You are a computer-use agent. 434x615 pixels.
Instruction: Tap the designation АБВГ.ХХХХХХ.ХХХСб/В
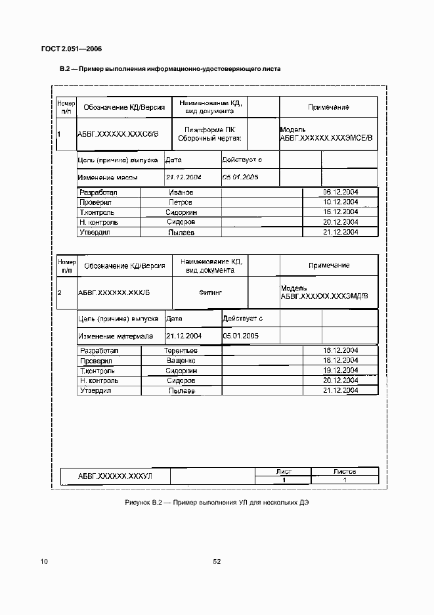coord(118,134)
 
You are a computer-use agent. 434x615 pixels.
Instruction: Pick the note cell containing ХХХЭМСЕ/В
coord(326,134)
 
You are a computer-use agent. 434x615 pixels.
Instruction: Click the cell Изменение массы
coord(107,177)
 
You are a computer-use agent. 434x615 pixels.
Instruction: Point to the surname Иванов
coord(181,193)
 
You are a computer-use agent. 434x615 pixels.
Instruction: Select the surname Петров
coord(181,202)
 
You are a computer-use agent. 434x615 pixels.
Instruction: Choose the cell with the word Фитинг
coord(209,292)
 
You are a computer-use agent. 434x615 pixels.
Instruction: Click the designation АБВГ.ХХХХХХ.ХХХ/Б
coord(114,292)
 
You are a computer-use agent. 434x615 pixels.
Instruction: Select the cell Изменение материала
coord(116,336)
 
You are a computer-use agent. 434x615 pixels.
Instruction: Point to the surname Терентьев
coord(181,351)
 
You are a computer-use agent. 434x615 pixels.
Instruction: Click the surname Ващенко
coord(181,361)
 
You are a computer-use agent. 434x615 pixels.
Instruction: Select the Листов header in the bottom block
coord(345,471)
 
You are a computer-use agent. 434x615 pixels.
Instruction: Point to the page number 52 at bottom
coord(216,561)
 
